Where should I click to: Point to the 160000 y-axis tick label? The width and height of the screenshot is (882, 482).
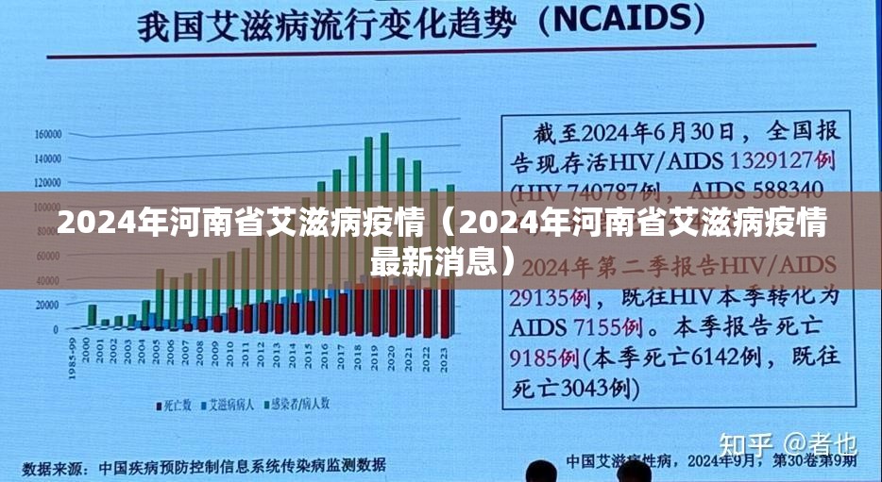[x=47, y=134]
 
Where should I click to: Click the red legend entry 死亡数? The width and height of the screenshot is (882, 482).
[x=172, y=404]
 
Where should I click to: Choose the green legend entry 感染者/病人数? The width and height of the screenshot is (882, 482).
[x=298, y=404]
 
